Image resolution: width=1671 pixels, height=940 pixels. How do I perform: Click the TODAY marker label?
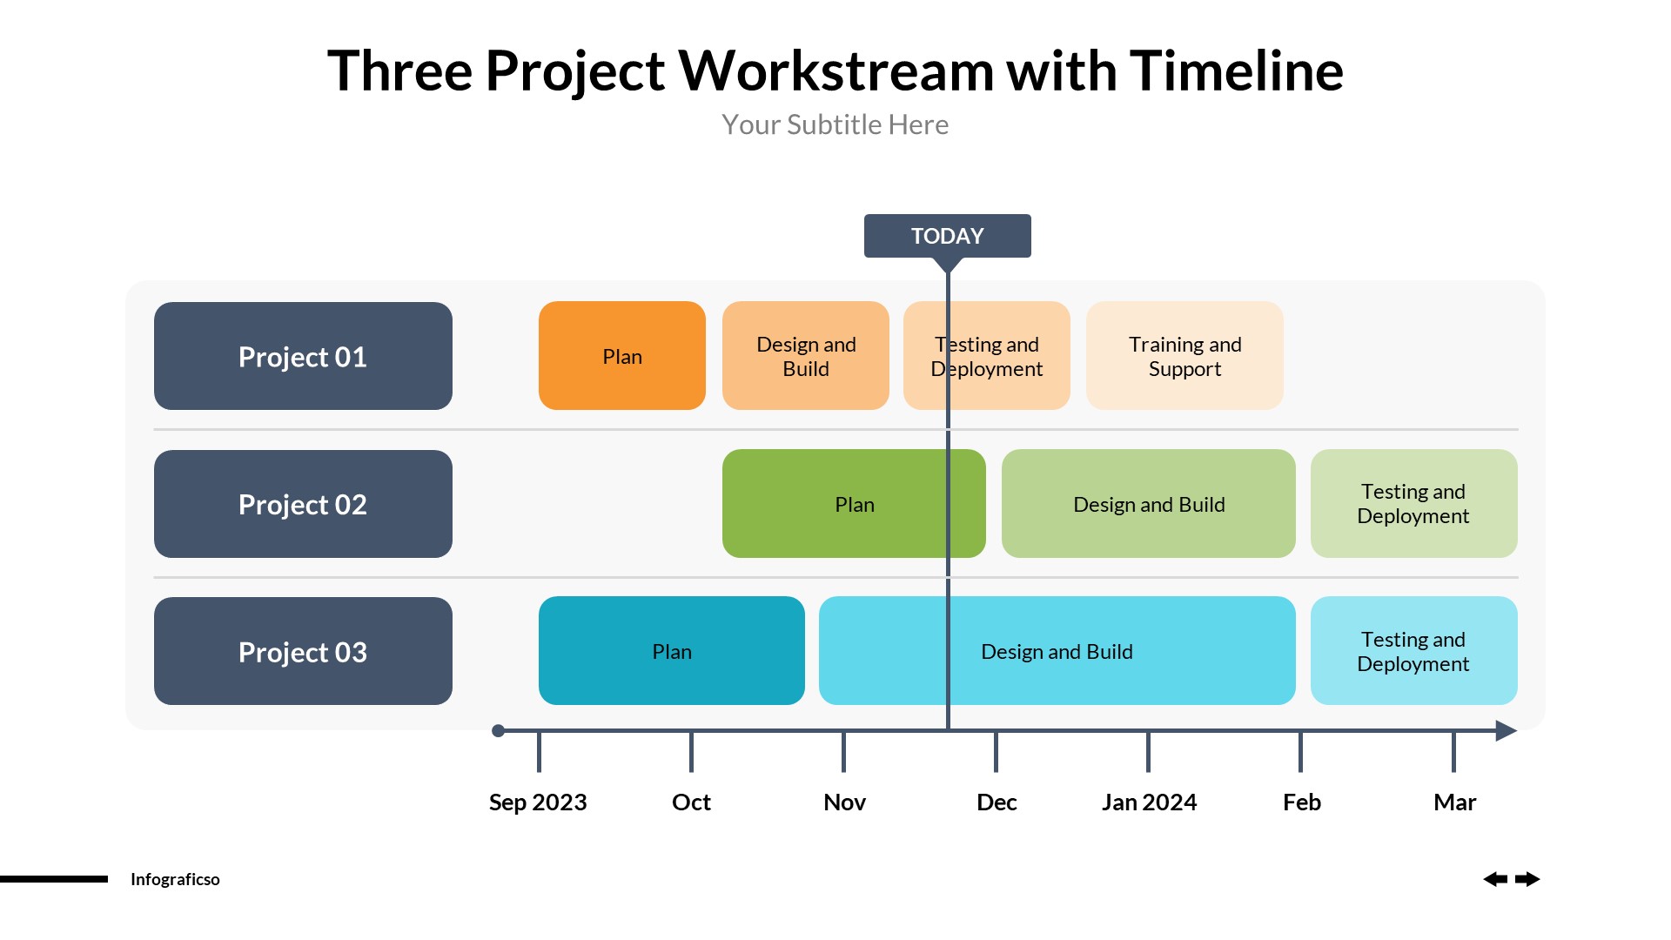pos(947,236)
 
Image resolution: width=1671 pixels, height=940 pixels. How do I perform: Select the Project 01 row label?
pos(303,356)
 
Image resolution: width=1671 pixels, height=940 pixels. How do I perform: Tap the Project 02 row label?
pos(303,504)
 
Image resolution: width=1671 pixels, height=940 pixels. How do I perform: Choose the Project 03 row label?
pos(303,651)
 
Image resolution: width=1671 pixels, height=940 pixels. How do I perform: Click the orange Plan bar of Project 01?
pos(621,356)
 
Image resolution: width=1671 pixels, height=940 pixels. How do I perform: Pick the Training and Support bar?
pos(1184,356)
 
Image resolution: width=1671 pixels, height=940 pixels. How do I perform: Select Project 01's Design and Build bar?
pos(805,356)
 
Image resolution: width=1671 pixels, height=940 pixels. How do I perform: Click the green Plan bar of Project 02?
pos(853,504)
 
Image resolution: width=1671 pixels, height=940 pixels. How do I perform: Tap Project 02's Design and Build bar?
pos(1148,504)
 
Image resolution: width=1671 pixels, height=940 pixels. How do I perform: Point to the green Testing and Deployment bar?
pos(1413,504)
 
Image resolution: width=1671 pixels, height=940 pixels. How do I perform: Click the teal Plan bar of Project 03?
pos(671,651)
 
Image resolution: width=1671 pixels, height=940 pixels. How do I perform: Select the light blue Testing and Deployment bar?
pos(1413,651)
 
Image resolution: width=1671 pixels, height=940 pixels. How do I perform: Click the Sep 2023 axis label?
pos(538,802)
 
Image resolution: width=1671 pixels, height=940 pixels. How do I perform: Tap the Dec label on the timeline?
pos(997,802)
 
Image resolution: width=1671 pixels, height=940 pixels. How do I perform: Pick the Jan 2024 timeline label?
pos(1149,802)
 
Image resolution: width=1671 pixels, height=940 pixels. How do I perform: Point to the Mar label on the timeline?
pos(1454,802)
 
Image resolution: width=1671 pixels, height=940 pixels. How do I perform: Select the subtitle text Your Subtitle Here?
pos(835,124)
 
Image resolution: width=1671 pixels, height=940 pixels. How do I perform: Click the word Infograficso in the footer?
pos(175,879)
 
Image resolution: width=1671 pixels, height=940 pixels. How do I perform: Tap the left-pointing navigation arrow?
pos(1495,879)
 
